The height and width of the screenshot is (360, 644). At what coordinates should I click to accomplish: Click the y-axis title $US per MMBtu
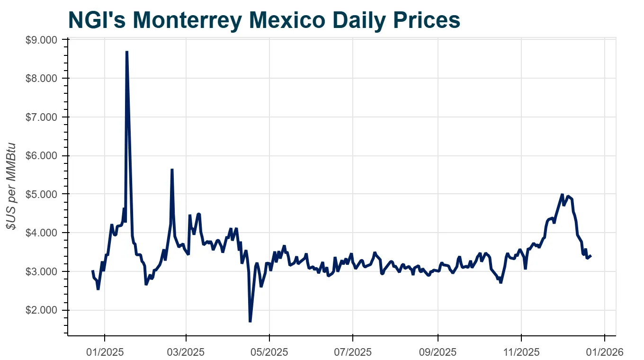pos(11,186)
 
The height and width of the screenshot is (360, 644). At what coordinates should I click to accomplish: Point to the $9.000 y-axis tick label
pos(41,40)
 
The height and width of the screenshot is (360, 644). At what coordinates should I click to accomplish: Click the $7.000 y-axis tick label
pos(41,117)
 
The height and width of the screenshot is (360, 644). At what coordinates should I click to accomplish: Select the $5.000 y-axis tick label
pos(41,194)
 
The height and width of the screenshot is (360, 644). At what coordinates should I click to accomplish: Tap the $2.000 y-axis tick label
pos(41,310)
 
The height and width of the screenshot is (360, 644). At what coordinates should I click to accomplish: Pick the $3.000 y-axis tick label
pos(41,271)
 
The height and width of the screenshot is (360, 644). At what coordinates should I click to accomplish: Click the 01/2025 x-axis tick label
pos(104,352)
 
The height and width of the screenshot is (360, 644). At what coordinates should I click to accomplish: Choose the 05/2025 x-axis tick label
pos(269,352)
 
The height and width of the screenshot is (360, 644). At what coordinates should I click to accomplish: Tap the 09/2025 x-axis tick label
pos(438,352)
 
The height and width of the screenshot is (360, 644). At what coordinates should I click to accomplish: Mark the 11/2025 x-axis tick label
pos(521,352)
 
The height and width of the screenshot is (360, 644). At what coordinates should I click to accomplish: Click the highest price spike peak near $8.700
pos(126,52)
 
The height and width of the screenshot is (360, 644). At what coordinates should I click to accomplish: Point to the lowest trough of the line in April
pos(250,322)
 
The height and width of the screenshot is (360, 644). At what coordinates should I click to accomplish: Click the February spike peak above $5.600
pos(172,170)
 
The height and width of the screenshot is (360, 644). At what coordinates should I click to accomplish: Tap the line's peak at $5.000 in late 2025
pos(562,194)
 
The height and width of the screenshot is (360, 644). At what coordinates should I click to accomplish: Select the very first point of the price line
pos(92,271)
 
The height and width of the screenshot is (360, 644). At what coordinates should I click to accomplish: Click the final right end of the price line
pos(591,256)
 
